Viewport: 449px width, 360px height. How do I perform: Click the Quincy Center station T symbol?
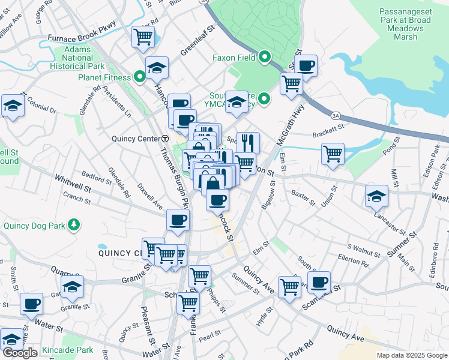pyautogui.click(x=164, y=138)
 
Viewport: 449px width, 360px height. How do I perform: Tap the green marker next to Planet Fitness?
pyautogui.click(x=140, y=77)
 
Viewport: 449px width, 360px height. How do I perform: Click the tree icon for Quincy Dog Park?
pyautogui.click(x=74, y=225)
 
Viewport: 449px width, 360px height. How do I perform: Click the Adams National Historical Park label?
pyautogui.click(x=78, y=58)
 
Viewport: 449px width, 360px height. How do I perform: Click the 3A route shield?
pyautogui.click(x=334, y=114)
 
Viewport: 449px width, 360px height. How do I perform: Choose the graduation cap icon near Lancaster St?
pyautogui.click(x=376, y=196)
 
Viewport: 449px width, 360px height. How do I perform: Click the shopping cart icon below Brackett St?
pyautogui.click(x=333, y=154)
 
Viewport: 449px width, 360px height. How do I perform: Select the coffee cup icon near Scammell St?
pyautogui.click(x=319, y=281)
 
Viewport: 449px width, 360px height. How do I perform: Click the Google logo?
pyautogui.click(x=19, y=353)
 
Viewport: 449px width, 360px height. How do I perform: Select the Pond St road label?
pyautogui.click(x=398, y=149)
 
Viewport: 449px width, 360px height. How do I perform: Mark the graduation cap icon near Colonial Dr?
pyautogui.click(x=13, y=106)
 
